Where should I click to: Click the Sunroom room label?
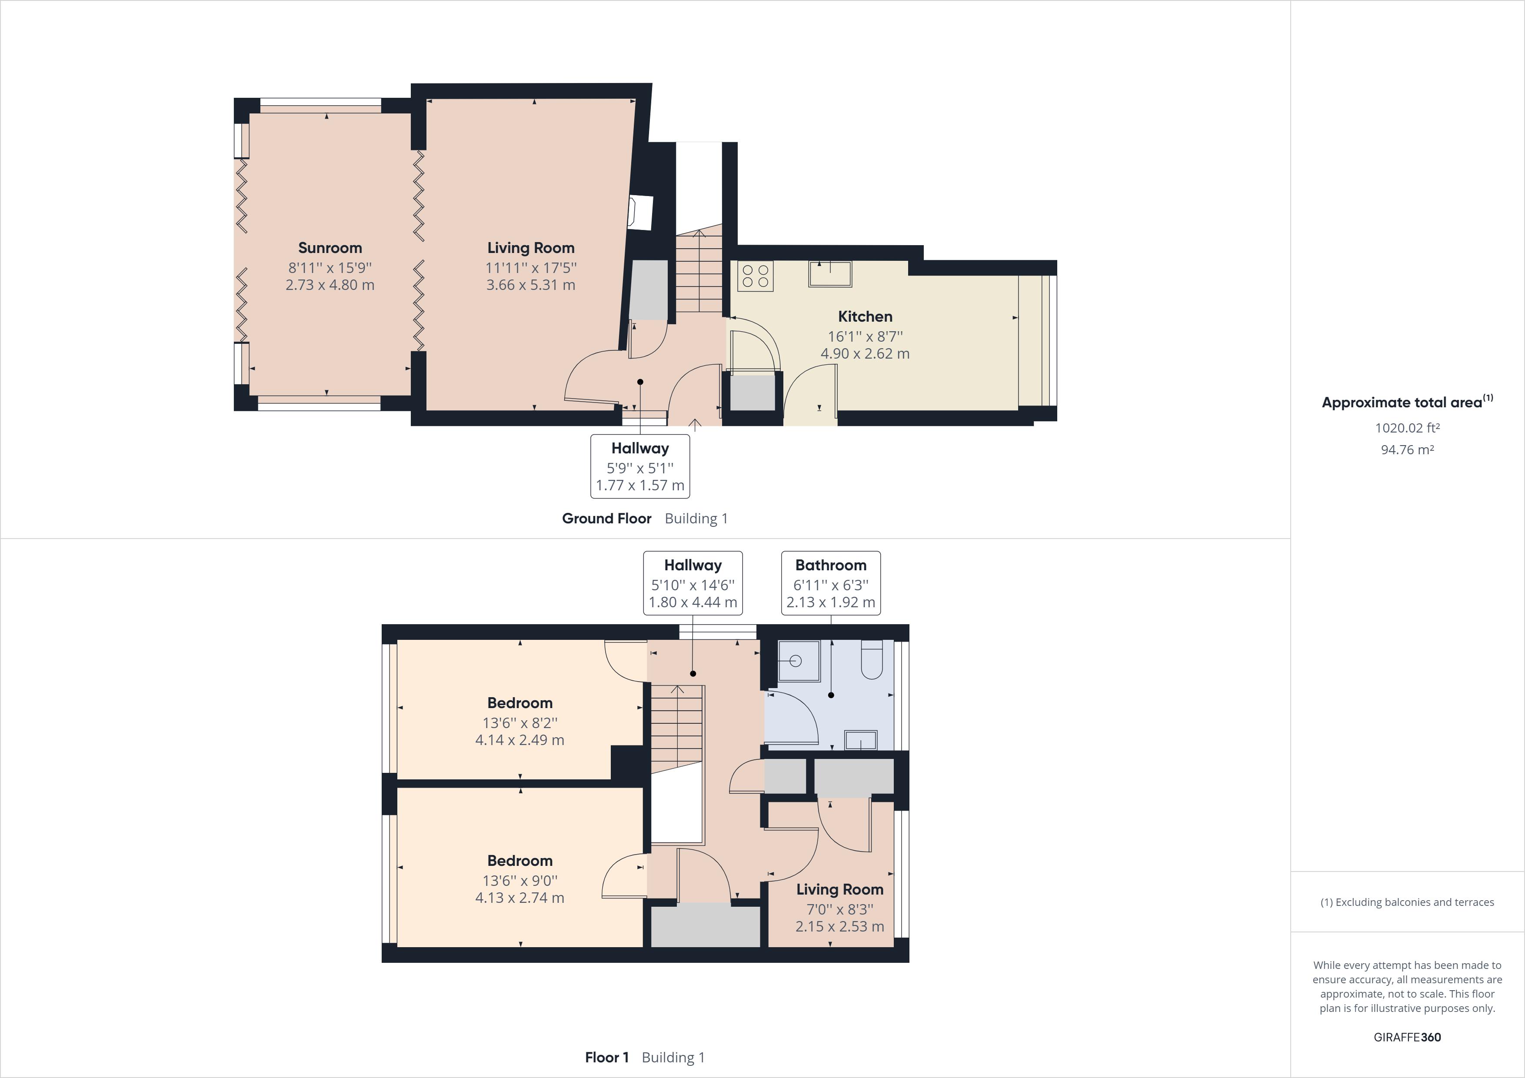pyautogui.click(x=330, y=248)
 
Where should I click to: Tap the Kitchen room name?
pyautogui.click(x=865, y=316)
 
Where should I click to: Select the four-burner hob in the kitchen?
pyautogui.click(x=755, y=276)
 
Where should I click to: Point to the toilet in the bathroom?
pyautogui.click(x=872, y=659)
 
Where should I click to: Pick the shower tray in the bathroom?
pyautogui.click(x=799, y=661)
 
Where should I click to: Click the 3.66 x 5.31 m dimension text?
pyautogui.click(x=531, y=285)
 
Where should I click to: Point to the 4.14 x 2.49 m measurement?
pyautogui.click(x=519, y=740)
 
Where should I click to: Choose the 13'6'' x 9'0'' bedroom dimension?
pyautogui.click(x=519, y=881)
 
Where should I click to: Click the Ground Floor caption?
pyautogui.click(x=606, y=519)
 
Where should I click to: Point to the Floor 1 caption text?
pyautogui.click(x=606, y=1058)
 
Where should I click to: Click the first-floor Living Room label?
pyautogui.click(x=839, y=889)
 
